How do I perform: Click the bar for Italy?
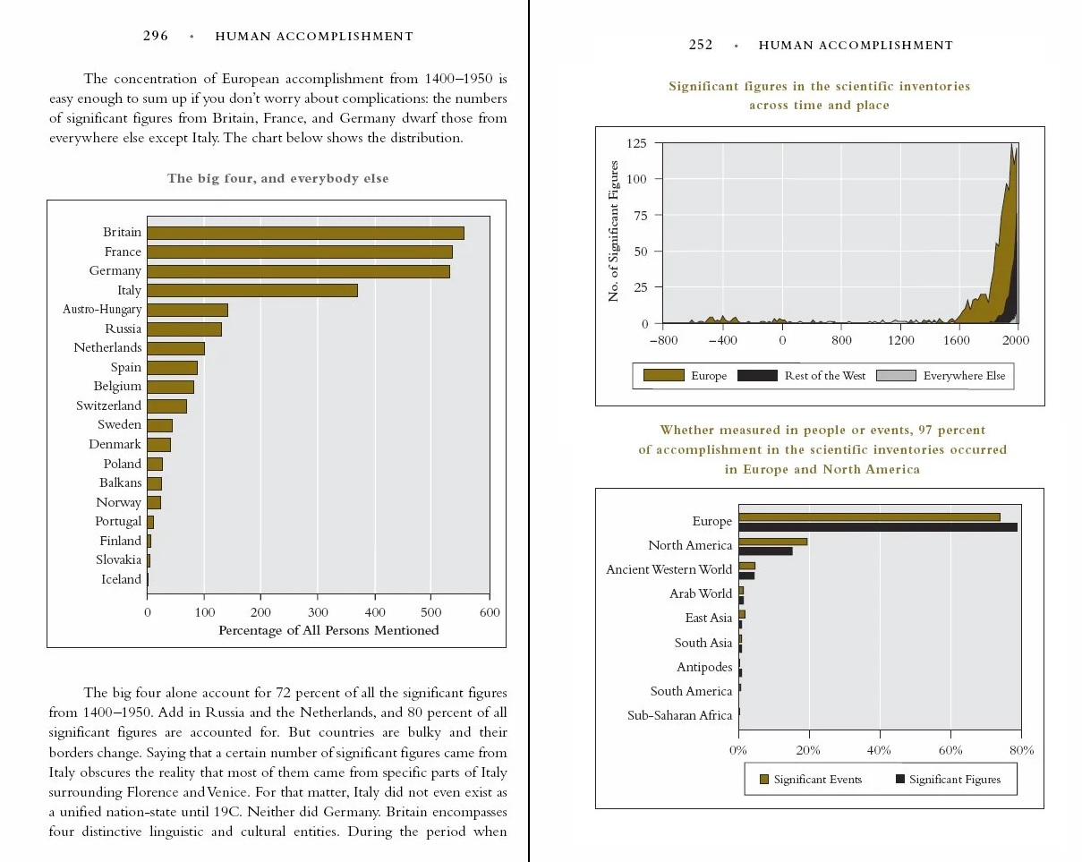(252, 290)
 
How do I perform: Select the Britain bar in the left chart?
(305, 233)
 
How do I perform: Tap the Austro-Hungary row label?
(102, 310)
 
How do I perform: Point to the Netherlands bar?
(175, 348)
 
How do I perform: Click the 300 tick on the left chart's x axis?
(318, 613)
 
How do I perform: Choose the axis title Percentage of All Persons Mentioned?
(328, 630)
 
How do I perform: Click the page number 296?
(156, 37)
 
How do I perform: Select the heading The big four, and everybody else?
(277, 178)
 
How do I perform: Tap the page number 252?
(701, 45)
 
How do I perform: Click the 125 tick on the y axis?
(637, 144)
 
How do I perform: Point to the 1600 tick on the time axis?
(958, 340)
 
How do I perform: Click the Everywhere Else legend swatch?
(896, 376)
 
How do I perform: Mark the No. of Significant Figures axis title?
(614, 232)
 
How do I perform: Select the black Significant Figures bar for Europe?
(877, 527)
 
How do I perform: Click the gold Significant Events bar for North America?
(772, 541)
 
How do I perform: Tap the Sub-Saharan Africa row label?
(679, 715)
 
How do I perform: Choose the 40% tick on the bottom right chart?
(879, 750)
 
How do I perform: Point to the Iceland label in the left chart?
(121, 579)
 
